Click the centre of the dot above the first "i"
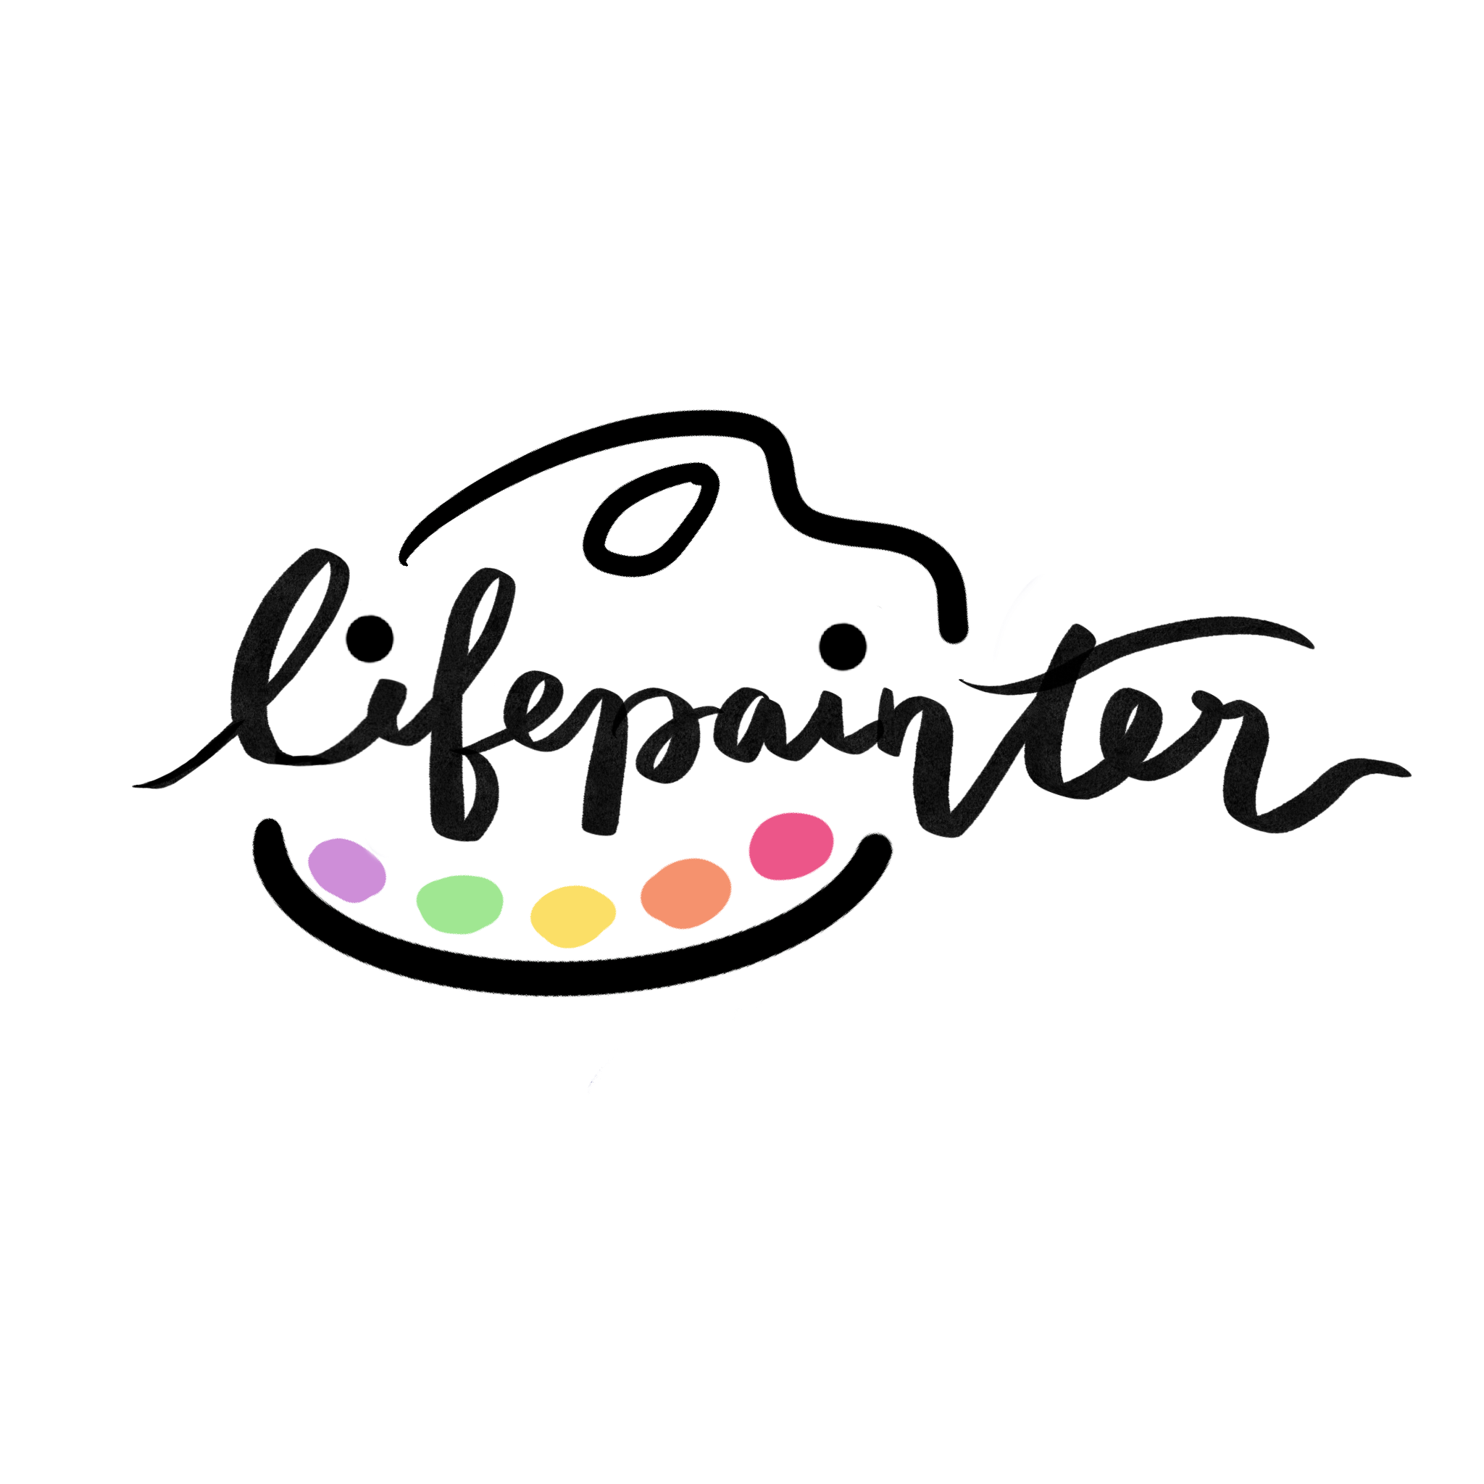(375, 636)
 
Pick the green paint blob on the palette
(459, 904)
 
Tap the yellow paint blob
(573, 916)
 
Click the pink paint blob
(791, 845)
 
